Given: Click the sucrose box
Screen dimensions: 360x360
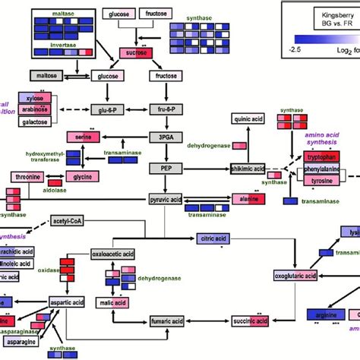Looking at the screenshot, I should (134, 53).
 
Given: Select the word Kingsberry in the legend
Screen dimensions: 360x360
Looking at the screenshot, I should (318, 14).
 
